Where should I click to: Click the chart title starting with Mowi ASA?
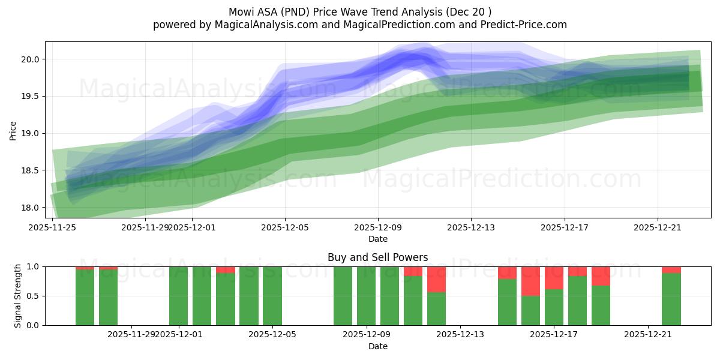[360, 11]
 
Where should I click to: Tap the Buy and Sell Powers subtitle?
[377, 257]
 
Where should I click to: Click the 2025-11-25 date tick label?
[53, 227]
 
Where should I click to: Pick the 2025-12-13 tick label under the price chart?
[471, 227]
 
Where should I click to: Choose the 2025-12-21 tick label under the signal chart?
[649, 335]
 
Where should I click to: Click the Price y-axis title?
[13, 130]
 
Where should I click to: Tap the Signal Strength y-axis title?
[18, 295]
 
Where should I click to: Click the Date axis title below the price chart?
[377, 239]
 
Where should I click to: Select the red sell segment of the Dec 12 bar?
[436, 279]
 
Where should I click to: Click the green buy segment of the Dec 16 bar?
[530, 310]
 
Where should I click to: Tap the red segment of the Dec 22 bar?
[671, 269]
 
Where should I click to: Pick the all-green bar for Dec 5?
[272, 296]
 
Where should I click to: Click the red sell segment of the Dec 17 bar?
[554, 278]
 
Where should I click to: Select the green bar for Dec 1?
[178, 296]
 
